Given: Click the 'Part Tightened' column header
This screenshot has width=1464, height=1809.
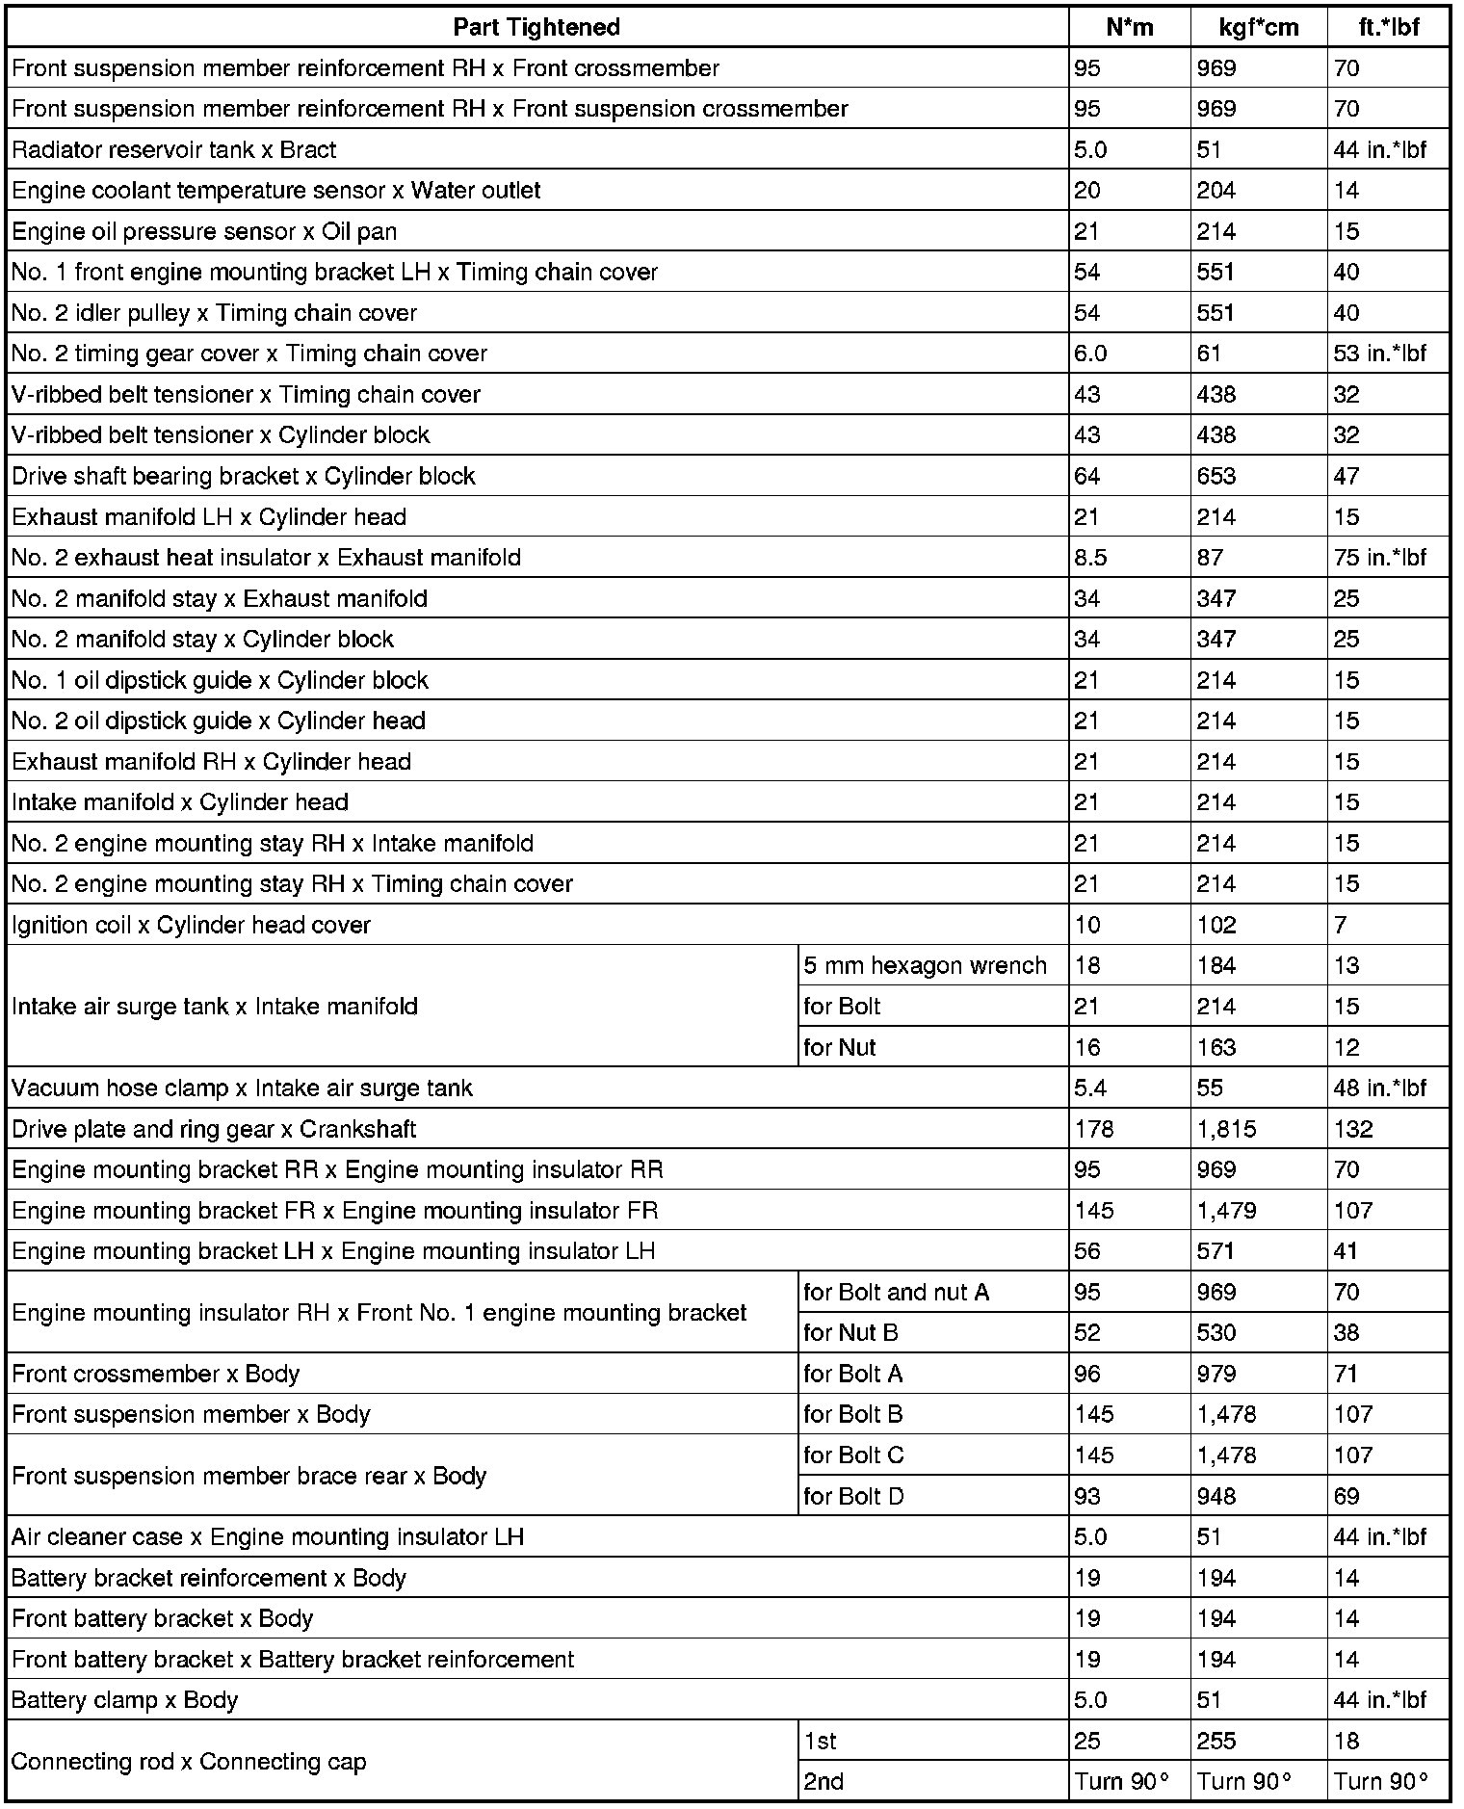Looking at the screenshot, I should click(536, 27).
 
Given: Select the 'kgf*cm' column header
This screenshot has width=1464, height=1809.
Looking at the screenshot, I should click(1258, 27).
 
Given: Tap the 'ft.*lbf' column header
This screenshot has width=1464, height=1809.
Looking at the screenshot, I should click(1388, 27).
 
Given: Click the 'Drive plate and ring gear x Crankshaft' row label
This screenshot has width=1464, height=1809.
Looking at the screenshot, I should click(214, 1129).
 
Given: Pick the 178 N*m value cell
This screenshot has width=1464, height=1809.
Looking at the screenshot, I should click(1094, 1129).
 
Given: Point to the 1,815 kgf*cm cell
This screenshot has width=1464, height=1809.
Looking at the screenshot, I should click(1226, 1129).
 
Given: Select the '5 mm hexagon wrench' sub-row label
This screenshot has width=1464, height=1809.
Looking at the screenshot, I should click(925, 965).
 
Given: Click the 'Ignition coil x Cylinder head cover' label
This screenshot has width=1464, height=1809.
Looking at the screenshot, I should click(191, 925).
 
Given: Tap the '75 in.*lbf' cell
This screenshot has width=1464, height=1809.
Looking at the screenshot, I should click(1379, 558).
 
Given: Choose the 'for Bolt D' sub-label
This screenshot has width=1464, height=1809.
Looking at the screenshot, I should click(853, 1496).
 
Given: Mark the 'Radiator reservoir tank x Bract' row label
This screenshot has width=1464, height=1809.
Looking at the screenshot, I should click(174, 149).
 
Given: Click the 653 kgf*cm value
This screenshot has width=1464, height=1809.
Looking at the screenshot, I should click(1216, 476).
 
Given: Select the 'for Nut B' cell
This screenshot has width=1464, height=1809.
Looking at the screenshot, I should click(850, 1333).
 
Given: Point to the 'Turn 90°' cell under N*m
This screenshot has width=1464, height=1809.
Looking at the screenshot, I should click(1122, 1782).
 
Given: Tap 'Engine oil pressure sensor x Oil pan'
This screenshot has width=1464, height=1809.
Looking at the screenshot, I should click(204, 231).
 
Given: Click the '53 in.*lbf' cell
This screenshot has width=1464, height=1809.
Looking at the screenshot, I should click(1379, 354).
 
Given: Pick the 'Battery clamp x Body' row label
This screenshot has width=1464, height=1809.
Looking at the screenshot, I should click(125, 1700).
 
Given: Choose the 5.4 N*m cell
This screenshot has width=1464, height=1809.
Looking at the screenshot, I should click(1090, 1088).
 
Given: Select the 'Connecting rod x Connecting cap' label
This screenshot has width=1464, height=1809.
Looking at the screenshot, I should click(189, 1762).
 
